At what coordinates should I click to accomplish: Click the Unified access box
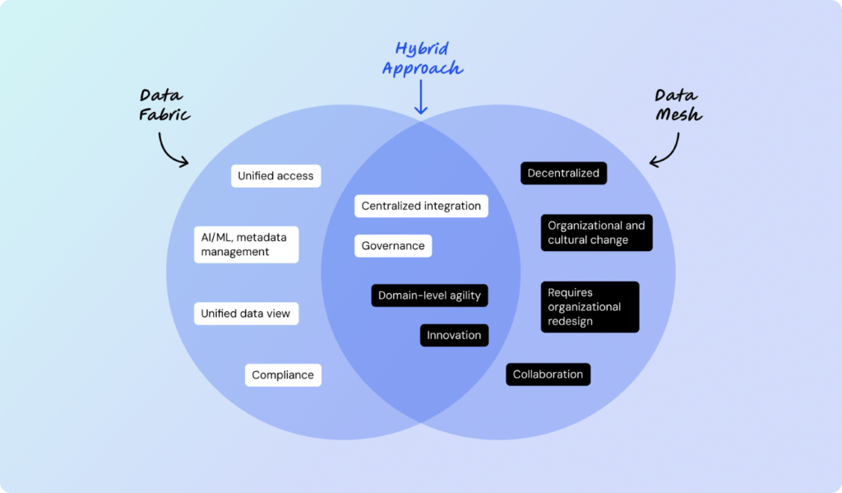(x=275, y=175)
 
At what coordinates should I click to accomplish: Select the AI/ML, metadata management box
(x=246, y=244)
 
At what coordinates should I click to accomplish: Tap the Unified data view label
(x=246, y=314)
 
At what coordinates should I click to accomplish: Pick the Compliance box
(x=283, y=374)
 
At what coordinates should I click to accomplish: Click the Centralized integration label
(x=421, y=206)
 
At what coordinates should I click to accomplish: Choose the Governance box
(x=393, y=245)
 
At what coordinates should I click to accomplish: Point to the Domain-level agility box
(x=429, y=295)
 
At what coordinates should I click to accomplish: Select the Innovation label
(x=454, y=335)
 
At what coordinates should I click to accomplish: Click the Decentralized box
(x=563, y=173)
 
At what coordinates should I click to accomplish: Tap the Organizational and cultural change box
(x=596, y=233)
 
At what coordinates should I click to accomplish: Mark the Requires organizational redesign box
(x=589, y=307)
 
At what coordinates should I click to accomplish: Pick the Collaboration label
(x=548, y=374)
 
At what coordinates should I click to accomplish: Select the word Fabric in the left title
(x=164, y=115)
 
